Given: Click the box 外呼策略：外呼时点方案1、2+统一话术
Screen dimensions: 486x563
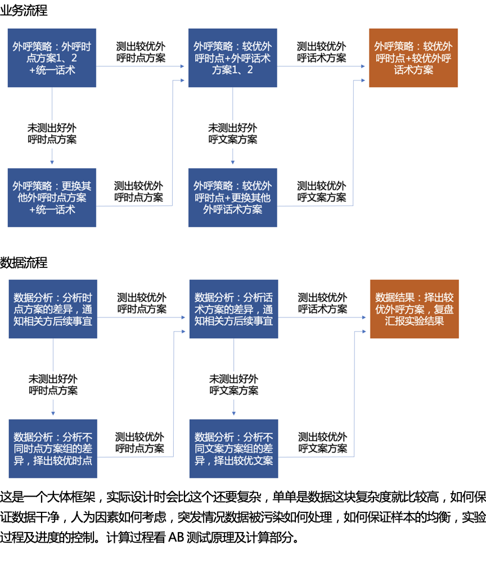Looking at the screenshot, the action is point(52,58).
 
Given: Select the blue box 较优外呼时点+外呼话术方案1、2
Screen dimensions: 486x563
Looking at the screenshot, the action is point(232,58).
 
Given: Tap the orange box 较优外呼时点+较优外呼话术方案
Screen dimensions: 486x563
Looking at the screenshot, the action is point(413,58).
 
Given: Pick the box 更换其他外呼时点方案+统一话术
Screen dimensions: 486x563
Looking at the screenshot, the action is point(52,198).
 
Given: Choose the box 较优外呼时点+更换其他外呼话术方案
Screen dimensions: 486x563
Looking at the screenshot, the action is point(232,198).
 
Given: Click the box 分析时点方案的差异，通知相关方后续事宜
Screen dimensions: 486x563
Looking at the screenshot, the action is point(53,309).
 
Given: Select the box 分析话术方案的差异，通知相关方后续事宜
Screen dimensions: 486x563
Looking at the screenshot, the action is point(233,309).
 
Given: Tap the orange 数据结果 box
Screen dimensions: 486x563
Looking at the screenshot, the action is point(414,309).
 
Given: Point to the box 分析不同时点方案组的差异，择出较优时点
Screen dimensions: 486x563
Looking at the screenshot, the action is point(53,449).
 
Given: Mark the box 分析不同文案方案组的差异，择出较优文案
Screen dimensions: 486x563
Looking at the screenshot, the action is point(233,449).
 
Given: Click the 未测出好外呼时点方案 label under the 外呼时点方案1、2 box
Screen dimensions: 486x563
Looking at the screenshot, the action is point(52,133).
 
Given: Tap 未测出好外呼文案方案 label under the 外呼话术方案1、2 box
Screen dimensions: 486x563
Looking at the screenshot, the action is point(233,133).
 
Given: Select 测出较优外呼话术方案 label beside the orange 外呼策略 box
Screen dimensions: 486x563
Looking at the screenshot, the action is point(322,52).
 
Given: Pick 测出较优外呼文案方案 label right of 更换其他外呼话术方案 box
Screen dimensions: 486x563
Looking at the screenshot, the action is point(322,191).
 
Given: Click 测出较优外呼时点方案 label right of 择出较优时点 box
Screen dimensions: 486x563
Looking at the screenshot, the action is point(140,443).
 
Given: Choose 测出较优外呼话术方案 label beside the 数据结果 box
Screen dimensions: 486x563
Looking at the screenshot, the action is point(323,303).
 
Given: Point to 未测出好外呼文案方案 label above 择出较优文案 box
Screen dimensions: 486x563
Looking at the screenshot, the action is point(234,385).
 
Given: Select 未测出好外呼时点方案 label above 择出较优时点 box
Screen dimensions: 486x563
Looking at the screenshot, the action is point(53,385).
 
